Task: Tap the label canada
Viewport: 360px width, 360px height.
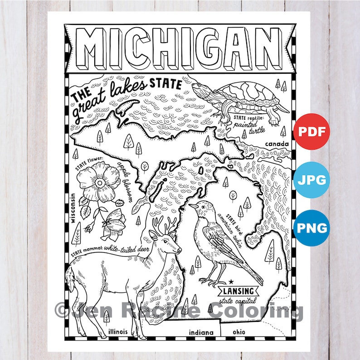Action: pos(277,145)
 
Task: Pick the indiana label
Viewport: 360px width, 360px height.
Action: pos(201,332)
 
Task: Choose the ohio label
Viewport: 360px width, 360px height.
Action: pos(239,331)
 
